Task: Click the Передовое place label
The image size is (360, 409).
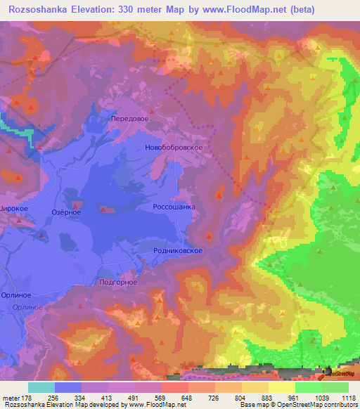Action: pos(130,119)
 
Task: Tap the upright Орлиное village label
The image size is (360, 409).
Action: pos(15,296)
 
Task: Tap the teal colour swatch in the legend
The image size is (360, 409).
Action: pos(41,387)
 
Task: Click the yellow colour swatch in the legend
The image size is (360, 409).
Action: pos(281,387)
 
